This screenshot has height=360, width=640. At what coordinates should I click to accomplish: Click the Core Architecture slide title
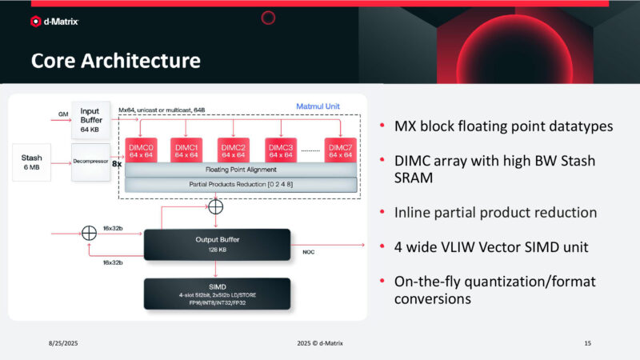115,61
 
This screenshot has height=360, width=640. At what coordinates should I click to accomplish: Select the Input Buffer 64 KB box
90,118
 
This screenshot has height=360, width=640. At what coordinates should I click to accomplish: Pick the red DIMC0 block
141,150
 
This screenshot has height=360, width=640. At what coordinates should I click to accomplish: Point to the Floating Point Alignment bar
239,170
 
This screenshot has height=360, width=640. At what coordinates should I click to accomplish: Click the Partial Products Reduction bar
239,185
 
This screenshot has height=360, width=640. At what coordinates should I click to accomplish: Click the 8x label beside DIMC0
116,162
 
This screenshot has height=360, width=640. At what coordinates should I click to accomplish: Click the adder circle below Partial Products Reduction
216,206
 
